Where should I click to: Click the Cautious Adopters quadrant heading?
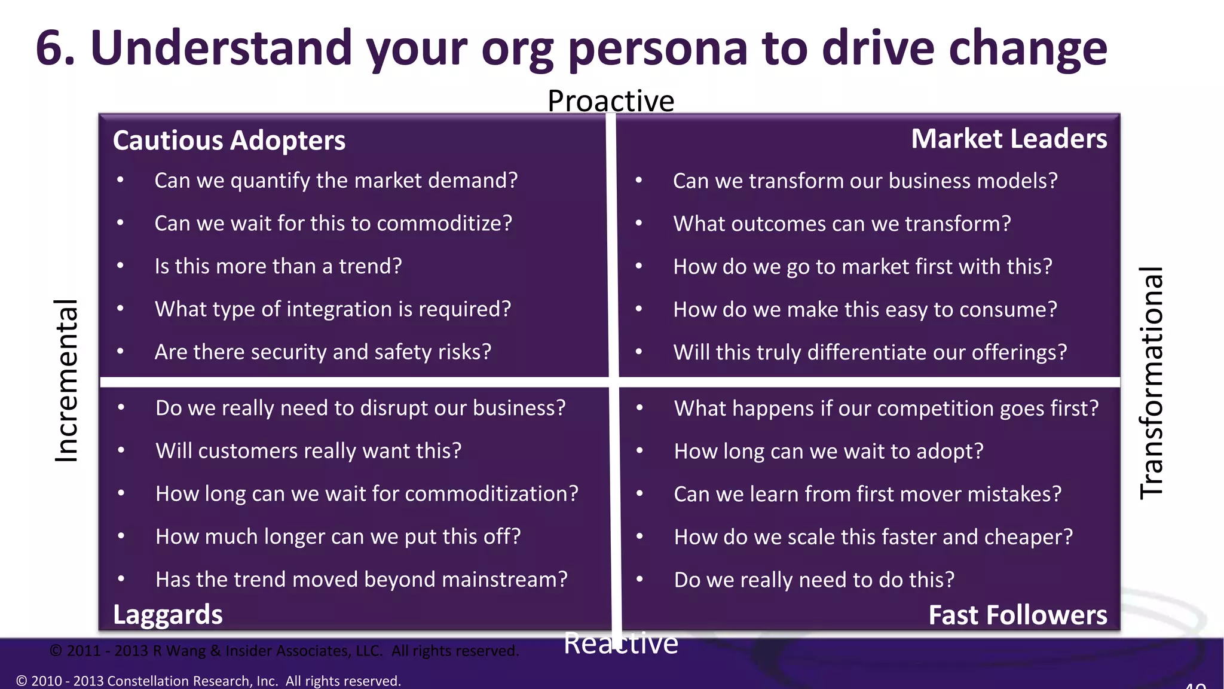pyautogui.click(x=229, y=141)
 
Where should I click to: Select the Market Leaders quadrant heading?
pyautogui.click(x=1009, y=139)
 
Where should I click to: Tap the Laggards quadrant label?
pyautogui.click(x=168, y=615)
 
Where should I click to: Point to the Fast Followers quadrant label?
pyautogui.click(x=1017, y=615)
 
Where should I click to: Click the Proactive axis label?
pyautogui.click(x=611, y=100)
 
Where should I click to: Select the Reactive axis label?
pyautogui.click(x=620, y=644)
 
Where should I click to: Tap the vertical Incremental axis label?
pyautogui.click(x=66, y=380)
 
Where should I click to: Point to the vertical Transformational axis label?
pyautogui.click(x=1152, y=383)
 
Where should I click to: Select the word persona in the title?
pyautogui.click(x=657, y=49)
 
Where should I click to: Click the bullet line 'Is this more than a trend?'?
pyautogui.click(x=278, y=266)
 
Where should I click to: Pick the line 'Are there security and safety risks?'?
pyautogui.click(x=323, y=352)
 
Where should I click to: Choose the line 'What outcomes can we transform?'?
pyautogui.click(x=841, y=224)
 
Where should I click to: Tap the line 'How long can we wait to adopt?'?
pyautogui.click(x=828, y=451)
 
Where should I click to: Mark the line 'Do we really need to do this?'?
pyautogui.click(x=814, y=580)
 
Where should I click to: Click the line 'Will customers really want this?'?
pyautogui.click(x=308, y=451)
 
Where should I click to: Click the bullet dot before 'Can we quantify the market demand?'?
pyautogui.click(x=121, y=180)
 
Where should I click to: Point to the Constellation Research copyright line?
pyautogui.click(x=208, y=681)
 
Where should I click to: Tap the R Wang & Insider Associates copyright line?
pyautogui.click(x=284, y=651)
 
